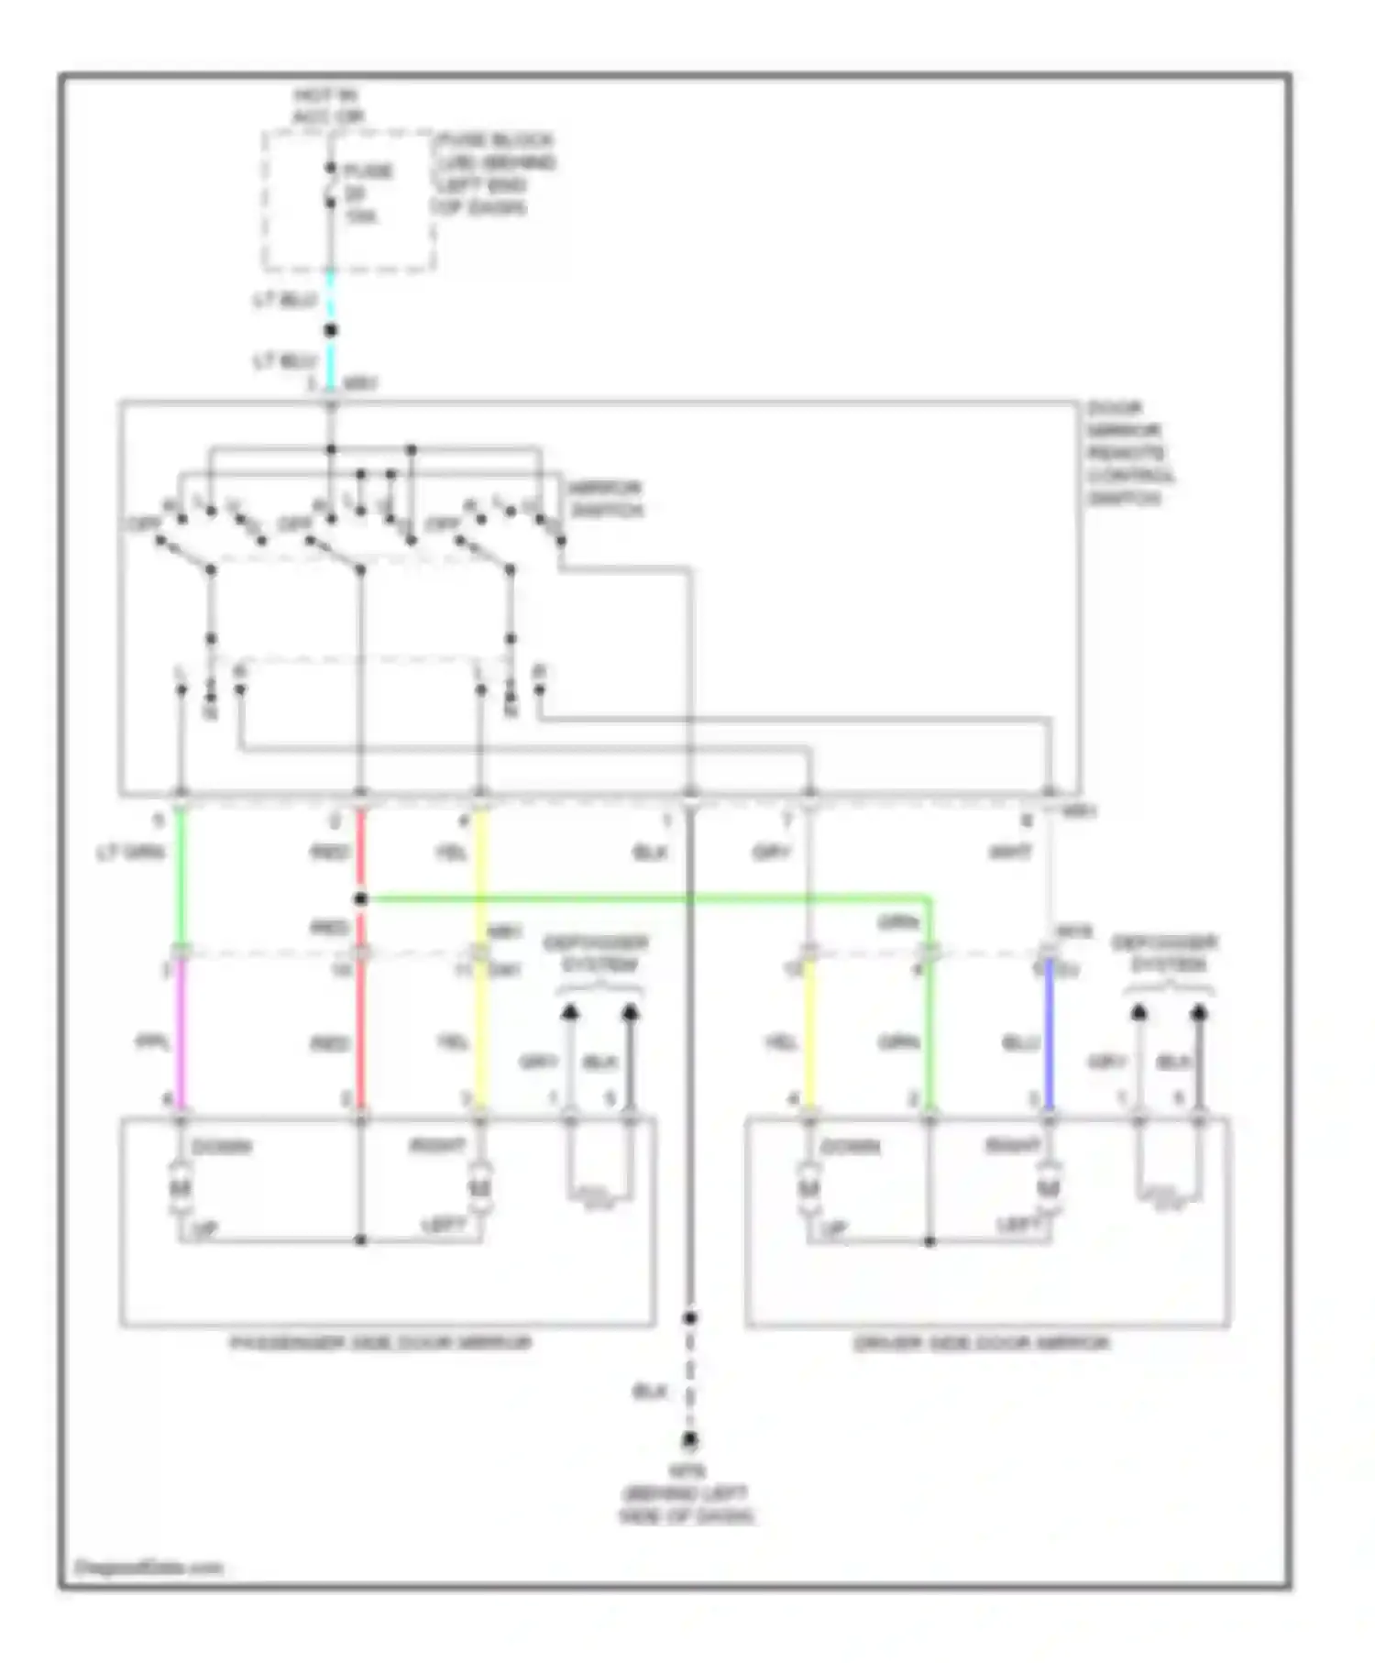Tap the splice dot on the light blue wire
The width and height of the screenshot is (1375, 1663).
pyautogui.click(x=331, y=330)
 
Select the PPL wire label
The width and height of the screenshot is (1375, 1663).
pyautogui.click(x=151, y=1042)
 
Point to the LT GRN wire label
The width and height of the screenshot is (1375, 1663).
pyautogui.click(x=130, y=853)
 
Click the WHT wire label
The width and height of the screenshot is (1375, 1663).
pyautogui.click(x=1010, y=853)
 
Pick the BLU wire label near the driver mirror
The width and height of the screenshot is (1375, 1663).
pyautogui.click(x=1019, y=1043)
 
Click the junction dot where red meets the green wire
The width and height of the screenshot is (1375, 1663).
pyautogui.click(x=361, y=899)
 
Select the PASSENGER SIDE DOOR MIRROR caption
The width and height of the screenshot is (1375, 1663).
pyautogui.click(x=379, y=1343)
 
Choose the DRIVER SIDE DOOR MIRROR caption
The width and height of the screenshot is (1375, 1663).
pyautogui.click(x=981, y=1343)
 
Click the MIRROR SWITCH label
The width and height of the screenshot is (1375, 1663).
pyautogui.click(x=606, y=499)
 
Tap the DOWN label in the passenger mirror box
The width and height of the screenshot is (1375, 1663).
pyautogui.click(x=222, y=1147)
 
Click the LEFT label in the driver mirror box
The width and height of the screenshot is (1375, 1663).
pyautogui.click(x=1018, y=1225)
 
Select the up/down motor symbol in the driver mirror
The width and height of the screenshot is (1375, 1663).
pyautogui.click(x=808, y=1188)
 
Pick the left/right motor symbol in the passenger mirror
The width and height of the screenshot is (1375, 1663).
pyautogui.click(x=479, y=1188)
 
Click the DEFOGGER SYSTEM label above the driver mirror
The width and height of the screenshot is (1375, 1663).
pyautogui.click(x=1165, y=953)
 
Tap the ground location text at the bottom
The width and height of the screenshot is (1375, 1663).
pyautogui.click(x=687, y=1493)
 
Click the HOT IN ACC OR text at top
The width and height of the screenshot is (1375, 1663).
pyautogui.click(x=327, y=106)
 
